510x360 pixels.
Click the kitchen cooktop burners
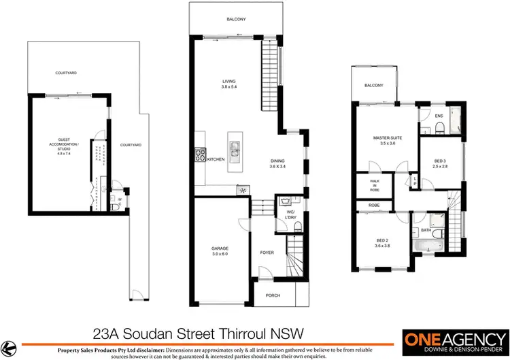click(x=200, y=155)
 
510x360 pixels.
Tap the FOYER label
click(x=267, y=252)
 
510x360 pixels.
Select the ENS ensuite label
click(x=439, y=116)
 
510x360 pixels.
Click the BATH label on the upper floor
click(x=425, y=230)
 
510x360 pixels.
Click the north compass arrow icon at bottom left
click(x=8, y=344)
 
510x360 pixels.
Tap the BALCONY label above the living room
click(x=236, y=20)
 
